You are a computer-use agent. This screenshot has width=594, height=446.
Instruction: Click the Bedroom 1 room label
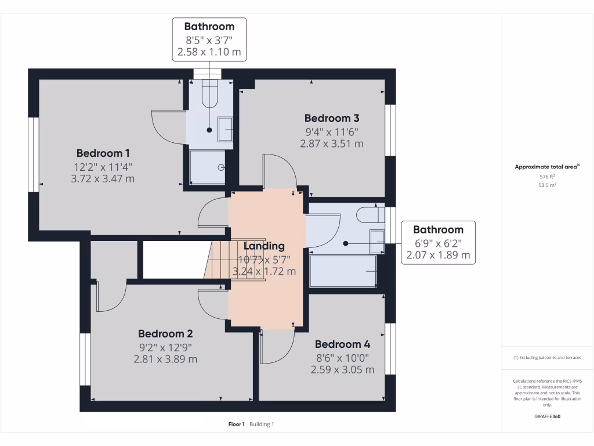coord(103,153)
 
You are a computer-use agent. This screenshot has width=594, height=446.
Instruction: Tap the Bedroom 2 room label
coord(165,334)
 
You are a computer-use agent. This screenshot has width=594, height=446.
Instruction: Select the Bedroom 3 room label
coord(331,118)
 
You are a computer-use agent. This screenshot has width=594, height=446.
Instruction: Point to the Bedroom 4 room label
coord(342,344)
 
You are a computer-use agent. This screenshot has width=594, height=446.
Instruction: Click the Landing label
coord(264,246)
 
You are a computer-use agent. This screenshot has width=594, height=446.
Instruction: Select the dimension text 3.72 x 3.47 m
coord(103,179)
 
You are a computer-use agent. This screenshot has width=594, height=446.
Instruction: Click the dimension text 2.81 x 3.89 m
coord(165,359)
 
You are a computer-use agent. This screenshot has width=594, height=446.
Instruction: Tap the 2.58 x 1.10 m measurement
coord(209,52)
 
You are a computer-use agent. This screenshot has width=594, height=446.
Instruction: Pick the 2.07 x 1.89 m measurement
coord(438,255)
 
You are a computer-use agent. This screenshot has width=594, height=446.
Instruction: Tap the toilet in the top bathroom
coord(209,93)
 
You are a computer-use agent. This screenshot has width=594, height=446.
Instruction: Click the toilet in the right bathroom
coord(370,214)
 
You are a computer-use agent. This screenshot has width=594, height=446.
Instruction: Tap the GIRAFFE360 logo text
coord(547,416)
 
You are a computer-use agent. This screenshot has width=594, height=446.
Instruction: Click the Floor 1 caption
coord(237,425)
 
